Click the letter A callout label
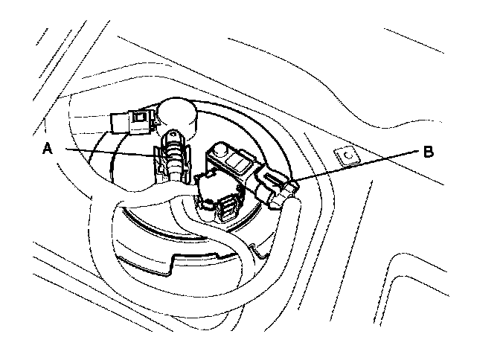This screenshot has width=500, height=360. [x=46, y=149]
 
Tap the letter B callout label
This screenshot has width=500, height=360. [x=428, y=152]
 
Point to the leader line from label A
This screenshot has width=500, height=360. [x=104, y=152]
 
